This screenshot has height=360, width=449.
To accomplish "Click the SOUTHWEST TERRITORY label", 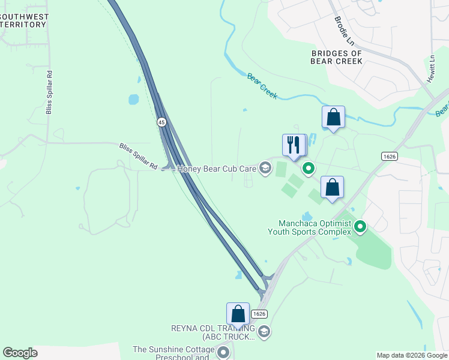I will click(24, 20).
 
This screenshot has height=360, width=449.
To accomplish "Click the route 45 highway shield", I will click(161, 122).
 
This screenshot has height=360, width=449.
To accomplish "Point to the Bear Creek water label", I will click(262, 86).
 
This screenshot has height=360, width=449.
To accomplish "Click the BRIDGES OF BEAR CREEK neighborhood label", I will click(337, 57).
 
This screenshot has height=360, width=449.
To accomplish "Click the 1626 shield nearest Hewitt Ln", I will click(389, 156).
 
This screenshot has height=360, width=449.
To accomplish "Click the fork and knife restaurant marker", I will click(294, 145).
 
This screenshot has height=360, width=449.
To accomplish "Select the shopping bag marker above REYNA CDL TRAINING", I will click(238, 314).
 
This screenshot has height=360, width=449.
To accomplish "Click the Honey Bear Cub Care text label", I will click(217, 169).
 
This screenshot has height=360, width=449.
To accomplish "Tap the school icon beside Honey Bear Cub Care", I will click(264, 169).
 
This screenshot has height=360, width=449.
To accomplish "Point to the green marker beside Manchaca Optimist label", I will click(360, 226).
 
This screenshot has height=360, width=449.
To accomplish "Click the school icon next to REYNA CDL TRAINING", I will click(264, 332).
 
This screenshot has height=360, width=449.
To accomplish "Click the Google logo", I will click(20, 353).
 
